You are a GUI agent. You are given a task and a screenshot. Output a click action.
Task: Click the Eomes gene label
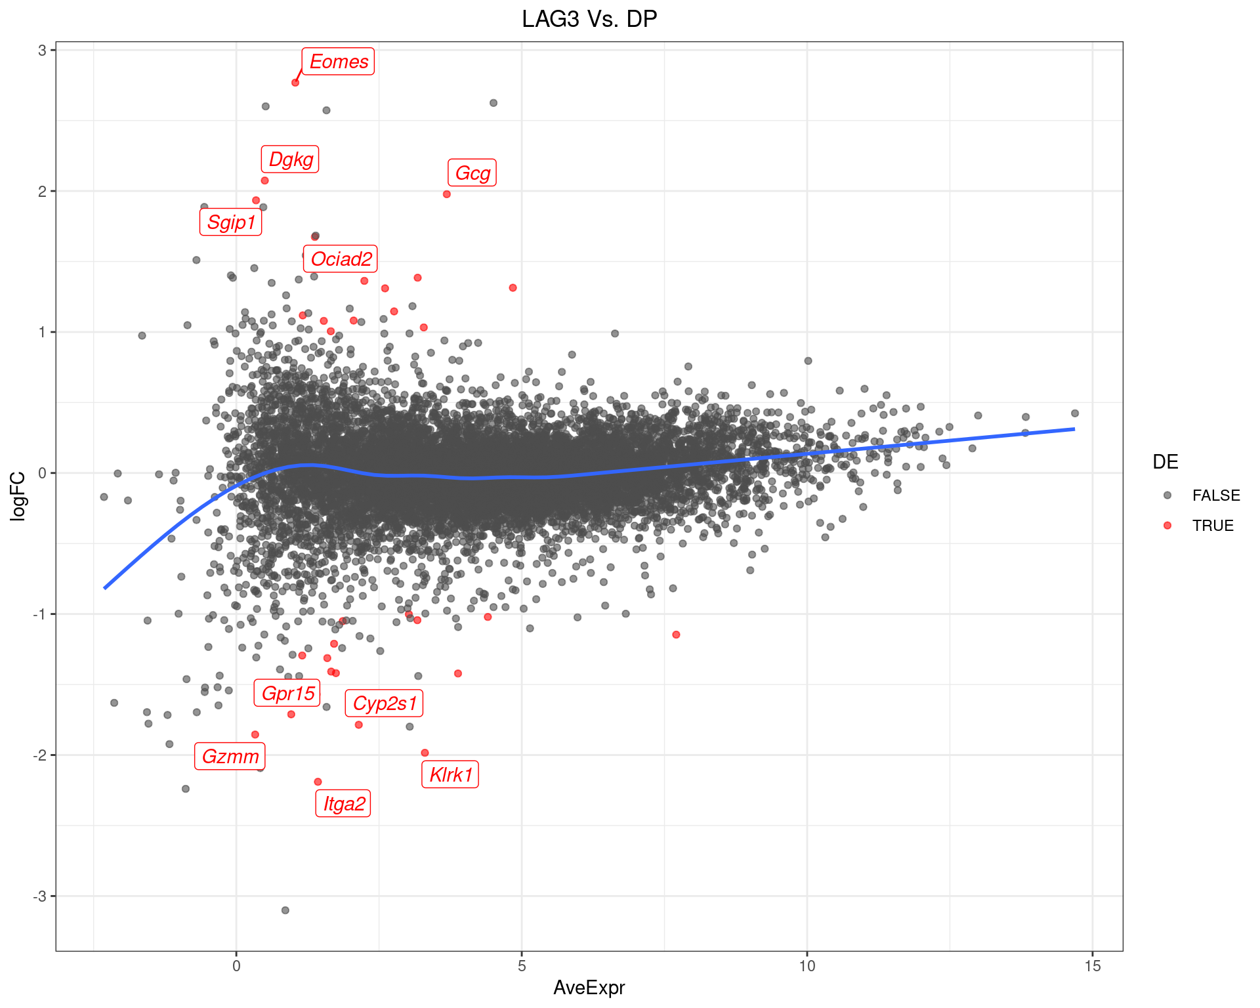[x=339, y=62]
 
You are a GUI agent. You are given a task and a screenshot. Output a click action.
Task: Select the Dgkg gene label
[x=291, y=159]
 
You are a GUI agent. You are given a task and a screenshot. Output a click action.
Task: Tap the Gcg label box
[x=472, y=173]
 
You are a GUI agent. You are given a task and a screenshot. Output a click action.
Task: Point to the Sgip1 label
[x=231, y=222]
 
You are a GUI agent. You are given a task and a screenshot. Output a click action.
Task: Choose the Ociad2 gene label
[x=341, y=259]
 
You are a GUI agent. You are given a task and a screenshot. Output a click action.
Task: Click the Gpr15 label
[x=288, y=693]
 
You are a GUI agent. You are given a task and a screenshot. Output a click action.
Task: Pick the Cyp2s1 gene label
[x=385, y=703]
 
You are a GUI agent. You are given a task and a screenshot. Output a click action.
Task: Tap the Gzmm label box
[x=230, y=757]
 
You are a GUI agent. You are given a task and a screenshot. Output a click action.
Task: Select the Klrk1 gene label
[x=451, y=775]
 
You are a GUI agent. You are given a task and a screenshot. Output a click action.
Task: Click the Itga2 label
[x=344, y=804]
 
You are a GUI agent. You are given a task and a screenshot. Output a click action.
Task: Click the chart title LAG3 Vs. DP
[x=589, y=20]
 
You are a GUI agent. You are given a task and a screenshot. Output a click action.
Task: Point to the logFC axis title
[x=18, y=496]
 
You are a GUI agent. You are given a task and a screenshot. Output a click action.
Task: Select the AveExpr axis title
[x=589, y=988]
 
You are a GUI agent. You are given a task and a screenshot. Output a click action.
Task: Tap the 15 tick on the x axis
[x=1093, y=966]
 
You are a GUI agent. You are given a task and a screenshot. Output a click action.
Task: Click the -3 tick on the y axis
[x=41, y=896]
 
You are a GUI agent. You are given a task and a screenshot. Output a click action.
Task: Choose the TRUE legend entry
[x=1212, y=526]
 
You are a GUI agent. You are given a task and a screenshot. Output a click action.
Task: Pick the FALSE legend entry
[x=1215, y=495]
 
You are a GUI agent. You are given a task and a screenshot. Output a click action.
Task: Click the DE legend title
[x=1165, y=462]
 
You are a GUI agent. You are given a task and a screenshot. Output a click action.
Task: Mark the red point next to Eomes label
[x=295, y=83]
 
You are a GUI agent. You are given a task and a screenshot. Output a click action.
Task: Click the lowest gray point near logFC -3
[x=285, y=910]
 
